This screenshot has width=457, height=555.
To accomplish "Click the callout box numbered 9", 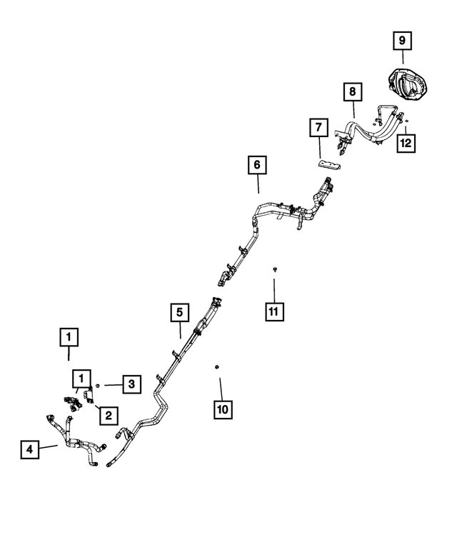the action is tap(402, 40).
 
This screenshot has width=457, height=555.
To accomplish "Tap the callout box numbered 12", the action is tap(406, 143).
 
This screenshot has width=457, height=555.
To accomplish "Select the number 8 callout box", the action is tap(353, 92).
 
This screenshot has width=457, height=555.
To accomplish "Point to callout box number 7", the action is tap(318, 127).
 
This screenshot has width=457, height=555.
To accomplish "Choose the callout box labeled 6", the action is tap(257, 164).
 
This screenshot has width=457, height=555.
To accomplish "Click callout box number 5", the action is tap(180, 312).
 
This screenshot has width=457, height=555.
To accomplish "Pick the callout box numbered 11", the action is tap(274, 312).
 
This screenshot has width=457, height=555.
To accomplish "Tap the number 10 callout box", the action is tap(223, 409).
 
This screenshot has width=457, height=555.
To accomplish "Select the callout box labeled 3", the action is tap(132, 384).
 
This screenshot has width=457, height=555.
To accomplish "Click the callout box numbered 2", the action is tap(109, 415).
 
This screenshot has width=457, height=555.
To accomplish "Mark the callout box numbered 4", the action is tap(30, 449).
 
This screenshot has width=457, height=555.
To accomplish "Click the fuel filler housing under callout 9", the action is tap(408, 84).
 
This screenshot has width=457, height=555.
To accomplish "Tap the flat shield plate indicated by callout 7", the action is tap(328, 165).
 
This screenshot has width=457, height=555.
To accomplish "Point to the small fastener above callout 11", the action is tap(274, 270).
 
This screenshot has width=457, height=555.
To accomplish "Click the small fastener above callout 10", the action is tap(217, 366).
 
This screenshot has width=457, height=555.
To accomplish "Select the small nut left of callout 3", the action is tap(98, 385).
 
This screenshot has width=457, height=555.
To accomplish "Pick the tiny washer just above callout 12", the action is tap(407, 121).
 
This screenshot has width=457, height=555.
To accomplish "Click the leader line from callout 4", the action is tap(49, 447).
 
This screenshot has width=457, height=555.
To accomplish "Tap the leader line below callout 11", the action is tap(274, 291).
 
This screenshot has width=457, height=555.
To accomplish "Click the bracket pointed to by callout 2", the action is tap(88, 395).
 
